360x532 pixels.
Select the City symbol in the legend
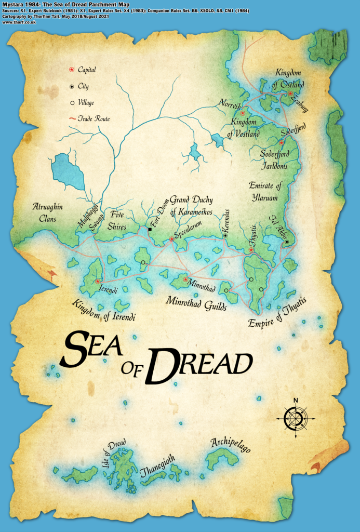tap(71, 86)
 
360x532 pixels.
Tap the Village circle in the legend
tap(71, 102)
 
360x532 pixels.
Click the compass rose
tap(295, 417)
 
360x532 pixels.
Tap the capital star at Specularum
tap(171, 240)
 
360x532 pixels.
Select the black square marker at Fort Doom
tap(150, 229)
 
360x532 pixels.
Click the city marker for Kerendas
tap(225, 235)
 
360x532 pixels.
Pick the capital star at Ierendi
tap(98, 281)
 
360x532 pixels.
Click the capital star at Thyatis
tap(251, 250)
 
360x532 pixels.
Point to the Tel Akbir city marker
tap(286, 242)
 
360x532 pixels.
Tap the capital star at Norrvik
tap(242, 113)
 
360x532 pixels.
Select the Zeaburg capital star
tap(290, 94)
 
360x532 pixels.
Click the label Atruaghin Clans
tap(47, 212)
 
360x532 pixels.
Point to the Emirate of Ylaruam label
tap(271, 192)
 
